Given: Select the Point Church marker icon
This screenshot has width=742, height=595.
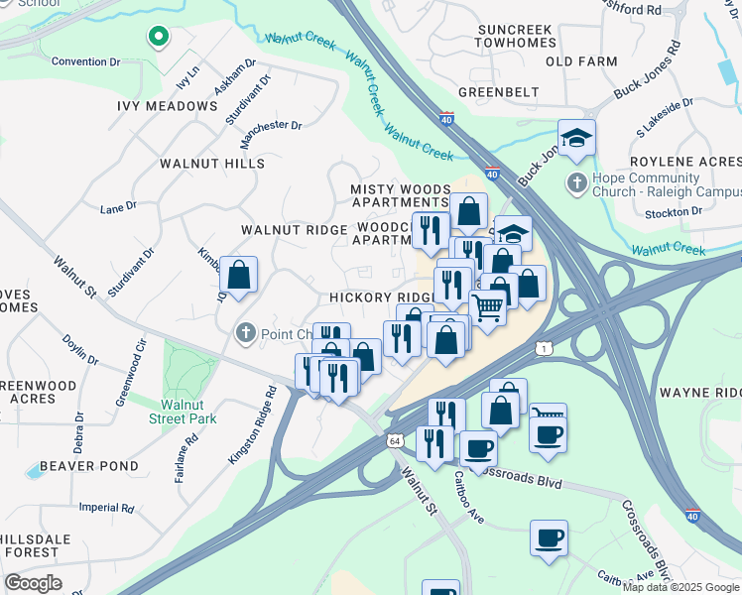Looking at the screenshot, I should [x=246, y=334].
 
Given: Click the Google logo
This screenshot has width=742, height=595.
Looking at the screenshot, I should [x=33, y=583].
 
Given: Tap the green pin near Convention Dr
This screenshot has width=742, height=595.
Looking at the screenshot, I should [x=157, y=38].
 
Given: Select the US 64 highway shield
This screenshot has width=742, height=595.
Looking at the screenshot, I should [x=395, y=440].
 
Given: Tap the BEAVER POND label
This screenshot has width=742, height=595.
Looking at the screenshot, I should [x=89, y=466].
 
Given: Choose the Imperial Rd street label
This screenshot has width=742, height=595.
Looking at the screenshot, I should [x=106, y=508].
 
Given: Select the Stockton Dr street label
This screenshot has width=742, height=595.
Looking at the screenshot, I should [x=674, y=211].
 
